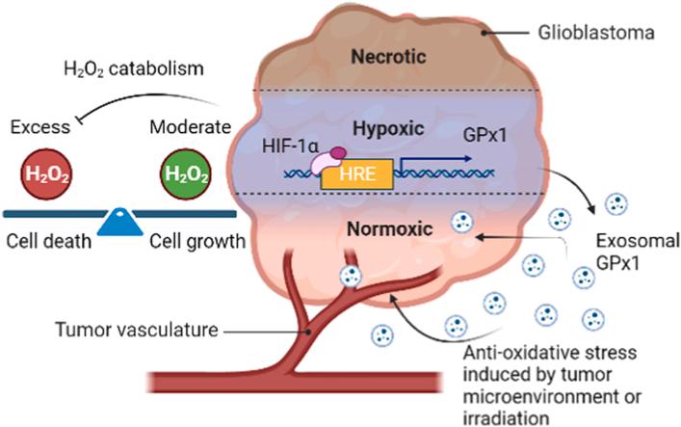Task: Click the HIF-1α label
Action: tap(292, 146)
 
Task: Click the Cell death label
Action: tap(46, 241)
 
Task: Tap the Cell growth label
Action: tap(195, 241)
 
